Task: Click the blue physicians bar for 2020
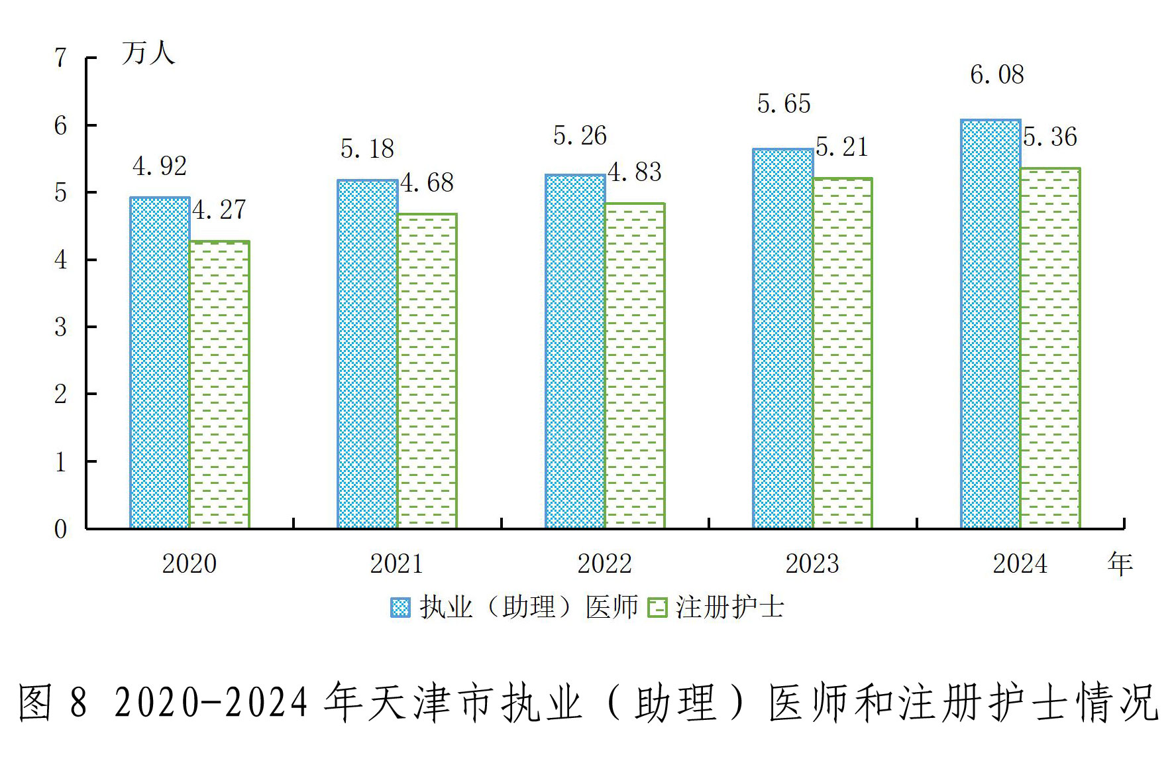tap(160, 363)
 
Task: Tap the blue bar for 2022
tap(575, 351)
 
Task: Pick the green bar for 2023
tap(843, 353)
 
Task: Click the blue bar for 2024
tap(990, 324)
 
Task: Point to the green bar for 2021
tap(427, 371)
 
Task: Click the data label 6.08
tap(996, 75)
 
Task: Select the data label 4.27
tap(219, 210)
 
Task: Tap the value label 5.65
tap(784, 104)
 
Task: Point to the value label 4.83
tap(635, 172)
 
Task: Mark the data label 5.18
tap(367, 149)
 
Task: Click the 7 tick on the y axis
tap(61, 58)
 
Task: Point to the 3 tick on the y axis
tap(61, 327)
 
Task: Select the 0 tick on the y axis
tap(61, 529)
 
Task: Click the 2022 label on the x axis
tap(604, 564)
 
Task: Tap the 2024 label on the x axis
tap(1020, 564)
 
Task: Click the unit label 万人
tap(148, 53)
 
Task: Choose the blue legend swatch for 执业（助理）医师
tap(400, 607)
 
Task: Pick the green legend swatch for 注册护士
tap(657, 607)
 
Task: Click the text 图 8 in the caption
tap(53, 703)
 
